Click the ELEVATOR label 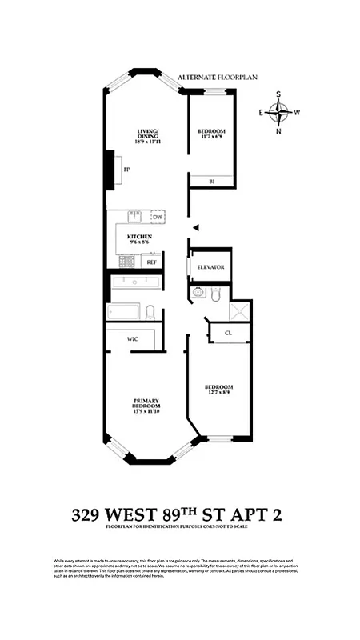[x=211, y=267]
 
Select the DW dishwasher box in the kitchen [x=157, y=217]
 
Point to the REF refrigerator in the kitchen [x=152, y=262]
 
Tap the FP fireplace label [x=126, y=169]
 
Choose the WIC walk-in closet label [x=133, y=339]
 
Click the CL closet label [x=228, y=333]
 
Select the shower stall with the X [x=240, y=312]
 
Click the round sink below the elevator [x=199, y=294]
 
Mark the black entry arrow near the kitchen [x=194, y=228]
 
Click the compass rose [x=279, y=112]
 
